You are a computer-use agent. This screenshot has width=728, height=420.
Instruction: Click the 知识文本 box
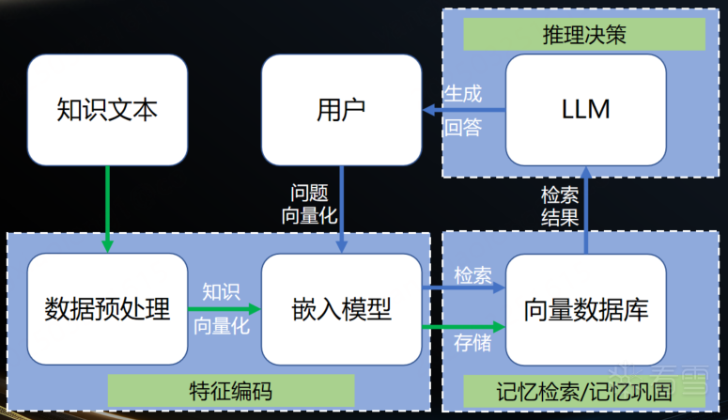coord(107,110)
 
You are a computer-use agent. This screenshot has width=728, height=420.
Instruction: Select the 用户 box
coord(340,110)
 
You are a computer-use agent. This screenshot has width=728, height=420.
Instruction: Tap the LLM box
coord(585,110)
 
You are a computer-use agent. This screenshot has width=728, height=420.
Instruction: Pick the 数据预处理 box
coord(107,308)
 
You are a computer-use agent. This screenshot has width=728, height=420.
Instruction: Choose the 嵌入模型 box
coord(340,308)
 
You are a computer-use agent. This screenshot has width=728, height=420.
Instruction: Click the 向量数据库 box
coord(585,308)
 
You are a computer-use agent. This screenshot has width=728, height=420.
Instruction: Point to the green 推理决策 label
coord(583,36)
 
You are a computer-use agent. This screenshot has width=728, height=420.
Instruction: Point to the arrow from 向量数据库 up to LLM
coord(585,209)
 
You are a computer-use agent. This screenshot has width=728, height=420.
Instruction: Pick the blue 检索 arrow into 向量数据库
coord(464,288)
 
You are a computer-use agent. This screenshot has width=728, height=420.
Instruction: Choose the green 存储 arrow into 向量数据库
coord(464,326)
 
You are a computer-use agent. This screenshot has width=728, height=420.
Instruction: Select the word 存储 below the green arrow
coord(472,342)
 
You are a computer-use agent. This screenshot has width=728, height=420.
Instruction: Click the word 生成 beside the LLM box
coord(463,94)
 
